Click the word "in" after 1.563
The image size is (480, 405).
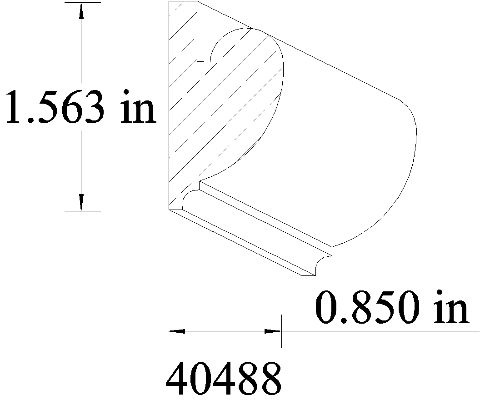138,106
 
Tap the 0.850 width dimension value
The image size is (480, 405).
368,307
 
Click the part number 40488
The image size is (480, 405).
223,378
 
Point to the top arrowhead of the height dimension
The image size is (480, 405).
81,11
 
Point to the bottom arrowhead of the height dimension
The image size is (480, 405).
81,202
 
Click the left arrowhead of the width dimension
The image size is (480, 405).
177,331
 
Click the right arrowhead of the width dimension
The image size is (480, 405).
273,331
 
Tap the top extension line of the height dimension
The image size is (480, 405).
83,2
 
